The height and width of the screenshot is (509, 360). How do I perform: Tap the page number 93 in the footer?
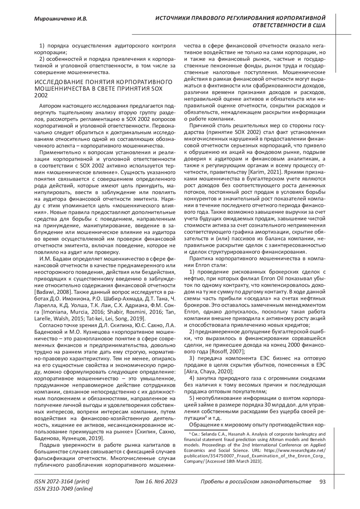(x=322, y=482)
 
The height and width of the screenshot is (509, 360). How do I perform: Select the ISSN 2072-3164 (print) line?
(x=62, y=482)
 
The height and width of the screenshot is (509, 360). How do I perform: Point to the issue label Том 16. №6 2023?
(x=156, y=482)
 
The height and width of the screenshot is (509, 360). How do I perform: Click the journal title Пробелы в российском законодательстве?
(x=255, y=482)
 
